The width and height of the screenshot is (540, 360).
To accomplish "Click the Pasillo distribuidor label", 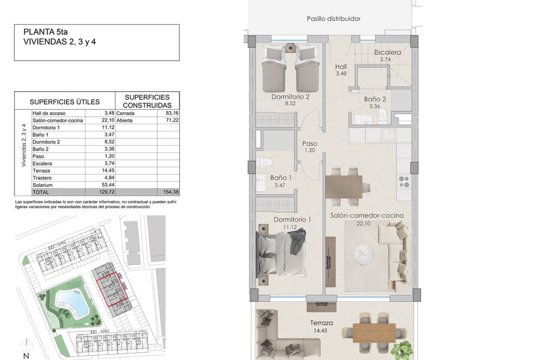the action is [x=334, y=19].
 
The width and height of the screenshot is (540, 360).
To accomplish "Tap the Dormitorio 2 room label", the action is [x=290, y=97].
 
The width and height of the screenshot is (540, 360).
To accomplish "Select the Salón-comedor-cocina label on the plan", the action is [x=367, y=215].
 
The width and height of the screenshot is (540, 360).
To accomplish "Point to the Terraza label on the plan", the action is [x=322, y=323].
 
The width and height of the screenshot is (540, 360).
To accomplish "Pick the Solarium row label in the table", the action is [x=43, y=185].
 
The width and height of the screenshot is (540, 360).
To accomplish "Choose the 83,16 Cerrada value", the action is [x=172, y=113].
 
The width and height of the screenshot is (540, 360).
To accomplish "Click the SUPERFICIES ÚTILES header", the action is [x=64, y=102].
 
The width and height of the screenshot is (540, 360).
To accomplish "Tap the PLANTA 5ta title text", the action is [x=46, y=32].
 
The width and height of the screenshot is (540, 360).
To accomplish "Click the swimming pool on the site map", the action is [x=72, y=302].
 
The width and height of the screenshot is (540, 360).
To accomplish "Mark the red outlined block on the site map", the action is [x=112, y=289].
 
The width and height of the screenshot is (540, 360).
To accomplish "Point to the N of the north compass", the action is [x=26, y=356].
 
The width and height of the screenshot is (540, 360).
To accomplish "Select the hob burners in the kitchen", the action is [x=404, y=182].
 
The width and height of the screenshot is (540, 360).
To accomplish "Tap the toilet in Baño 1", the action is [x=264, y=162].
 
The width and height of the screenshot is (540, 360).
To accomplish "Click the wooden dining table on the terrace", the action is [x=374, y=332].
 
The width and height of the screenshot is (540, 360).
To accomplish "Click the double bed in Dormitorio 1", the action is [x=281, y=254].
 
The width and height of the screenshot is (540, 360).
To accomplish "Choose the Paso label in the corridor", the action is [x=310, y=143].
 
